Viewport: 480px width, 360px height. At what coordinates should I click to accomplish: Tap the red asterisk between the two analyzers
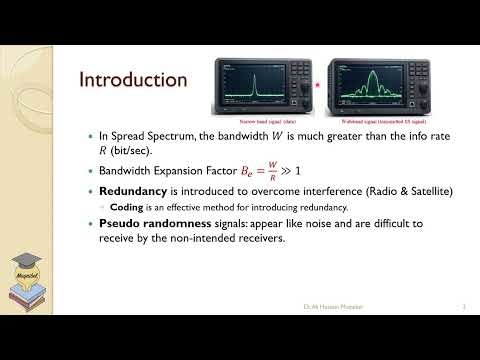click(x=318, y=86)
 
